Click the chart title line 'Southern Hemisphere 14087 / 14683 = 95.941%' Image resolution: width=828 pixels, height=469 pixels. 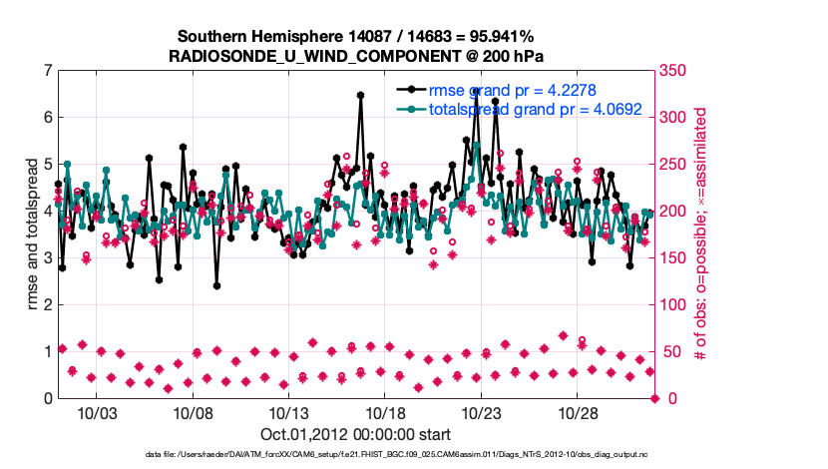pos(356,37)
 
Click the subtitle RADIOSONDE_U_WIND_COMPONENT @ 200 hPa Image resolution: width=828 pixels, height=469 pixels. pos(356,56)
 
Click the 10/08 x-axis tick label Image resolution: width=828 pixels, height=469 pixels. pos(196,412)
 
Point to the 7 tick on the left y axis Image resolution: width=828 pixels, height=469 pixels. pos(47,71)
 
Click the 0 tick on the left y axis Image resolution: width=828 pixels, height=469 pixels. pos(47,398)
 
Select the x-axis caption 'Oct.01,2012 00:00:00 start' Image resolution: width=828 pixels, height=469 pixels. pos(355,434)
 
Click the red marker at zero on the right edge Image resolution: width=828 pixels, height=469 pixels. pos(655,398)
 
